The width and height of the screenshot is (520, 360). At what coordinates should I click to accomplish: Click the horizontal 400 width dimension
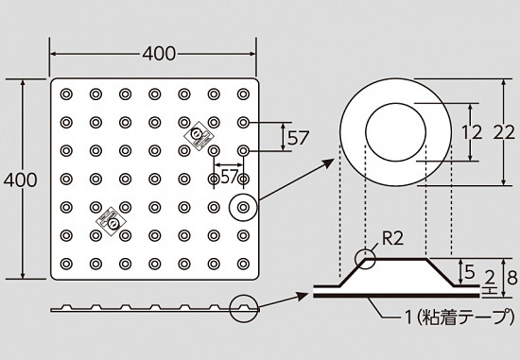159,54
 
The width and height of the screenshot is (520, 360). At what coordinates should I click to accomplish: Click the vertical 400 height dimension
20,180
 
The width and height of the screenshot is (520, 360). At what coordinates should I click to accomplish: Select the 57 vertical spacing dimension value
298,138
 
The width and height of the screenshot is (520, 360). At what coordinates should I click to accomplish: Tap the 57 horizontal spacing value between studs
229,177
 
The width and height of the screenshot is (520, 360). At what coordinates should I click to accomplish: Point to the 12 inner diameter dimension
472,132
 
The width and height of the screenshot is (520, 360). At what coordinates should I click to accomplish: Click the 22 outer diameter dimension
504,132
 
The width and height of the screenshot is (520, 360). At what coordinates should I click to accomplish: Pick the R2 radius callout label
393,238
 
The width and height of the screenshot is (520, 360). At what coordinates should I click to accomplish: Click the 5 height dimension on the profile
470,272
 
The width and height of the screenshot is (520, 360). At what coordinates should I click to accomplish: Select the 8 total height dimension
512,278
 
